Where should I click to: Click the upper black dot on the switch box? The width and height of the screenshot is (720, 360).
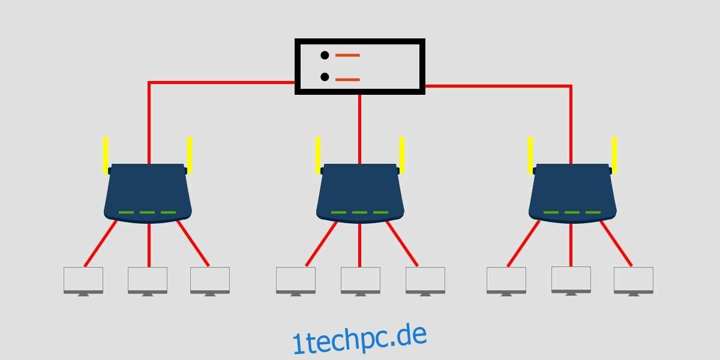pyautogui.click(x=325, y=55)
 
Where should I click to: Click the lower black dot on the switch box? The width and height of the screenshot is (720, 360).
pyautogui.click(x=325, y=77)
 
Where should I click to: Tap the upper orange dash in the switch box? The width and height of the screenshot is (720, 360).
pyautogui.click(x=347, y=55)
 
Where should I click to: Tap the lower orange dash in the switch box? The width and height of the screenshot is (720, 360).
pyautogui.click(x=347, y=80)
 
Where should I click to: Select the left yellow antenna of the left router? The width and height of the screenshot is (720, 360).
pyautogui.click(x=106, y=155)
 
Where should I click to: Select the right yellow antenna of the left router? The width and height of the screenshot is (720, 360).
pyautogui.click(x=190, y=155)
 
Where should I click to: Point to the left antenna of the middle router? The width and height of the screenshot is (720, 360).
pyautogui.click(x=318, y=155)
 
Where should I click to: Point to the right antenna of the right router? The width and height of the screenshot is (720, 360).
pyautogui.click(x=614, y=155)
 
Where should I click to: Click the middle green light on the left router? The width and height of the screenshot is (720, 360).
pyautogui.click(x=147, y=212)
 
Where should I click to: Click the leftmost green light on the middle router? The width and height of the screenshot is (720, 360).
pyautogui.click(x=338, y=212)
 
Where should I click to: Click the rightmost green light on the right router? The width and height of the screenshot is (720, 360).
pyautogui.click(x=593, y=212)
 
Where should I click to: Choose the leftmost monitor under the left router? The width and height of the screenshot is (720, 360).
pyautogui.click(x=83, y=281)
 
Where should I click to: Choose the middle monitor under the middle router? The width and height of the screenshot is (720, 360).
pyautogui.click(x=361, y=281)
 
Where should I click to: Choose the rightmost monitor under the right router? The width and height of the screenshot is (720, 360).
pyautogui.click(x=634, y=281)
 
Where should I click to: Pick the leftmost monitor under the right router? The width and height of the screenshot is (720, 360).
pyautogui.click(x=506, y=281)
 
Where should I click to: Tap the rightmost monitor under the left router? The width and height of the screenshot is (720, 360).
pyautogui.click(x=210, y=281)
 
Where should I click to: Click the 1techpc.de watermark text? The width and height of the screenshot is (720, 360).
pyautogui.click(x=359, y=339)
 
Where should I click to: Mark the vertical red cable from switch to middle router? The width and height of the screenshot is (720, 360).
pyautogui.click(x=359, y=129)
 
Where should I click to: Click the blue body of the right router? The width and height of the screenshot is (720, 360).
pyautogui.click(x=572, y=193)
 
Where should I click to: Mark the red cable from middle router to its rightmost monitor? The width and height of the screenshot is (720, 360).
pyautogui.click(x=402, y=244)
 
